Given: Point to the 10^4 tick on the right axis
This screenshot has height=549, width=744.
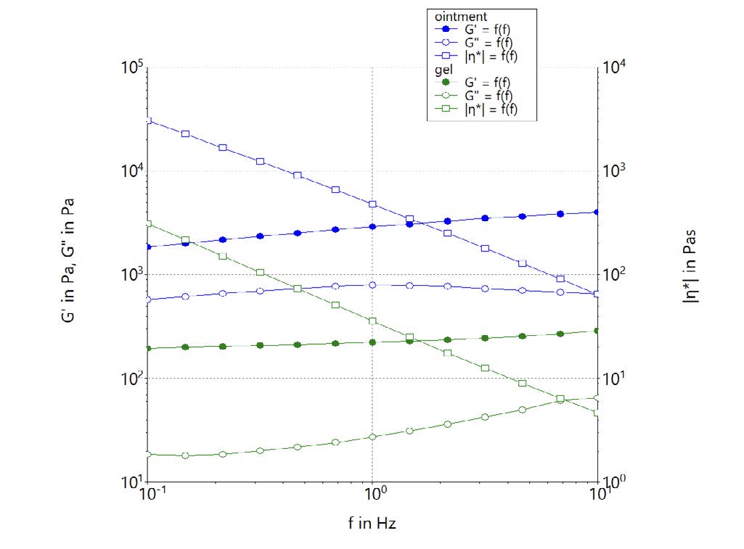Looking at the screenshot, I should (x=615, y=68).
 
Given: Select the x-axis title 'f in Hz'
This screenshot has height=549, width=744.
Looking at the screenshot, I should (x=372, y=523).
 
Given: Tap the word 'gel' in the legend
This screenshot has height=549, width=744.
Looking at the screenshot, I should (x=441, y=69).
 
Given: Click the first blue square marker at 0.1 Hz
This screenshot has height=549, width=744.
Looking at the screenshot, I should (x=147, y=120).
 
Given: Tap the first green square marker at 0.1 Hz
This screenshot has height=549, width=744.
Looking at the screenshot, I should (x=147, y=224).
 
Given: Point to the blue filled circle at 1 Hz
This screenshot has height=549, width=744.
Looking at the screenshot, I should (x=372, y=226).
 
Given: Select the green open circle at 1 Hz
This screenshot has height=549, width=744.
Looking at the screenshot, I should (x=372, y=437).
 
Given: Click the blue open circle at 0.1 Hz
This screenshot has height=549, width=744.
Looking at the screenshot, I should (x=147, y=300).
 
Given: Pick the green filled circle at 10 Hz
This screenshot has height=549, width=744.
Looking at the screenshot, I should (x=597, y=331).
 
